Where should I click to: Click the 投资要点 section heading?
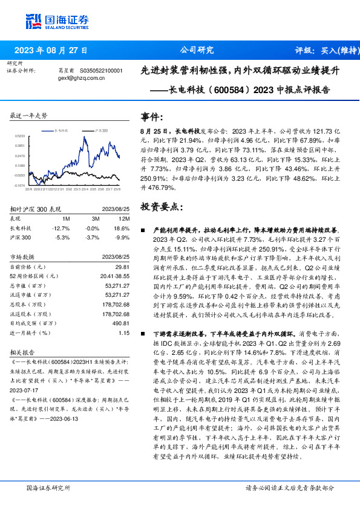coord(160,207)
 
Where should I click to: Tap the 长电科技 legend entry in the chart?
coord(62,130)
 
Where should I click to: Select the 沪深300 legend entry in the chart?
coord(101,130)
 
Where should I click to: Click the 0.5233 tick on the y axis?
coord(20,137)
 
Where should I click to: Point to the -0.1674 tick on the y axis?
coord(20,186)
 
